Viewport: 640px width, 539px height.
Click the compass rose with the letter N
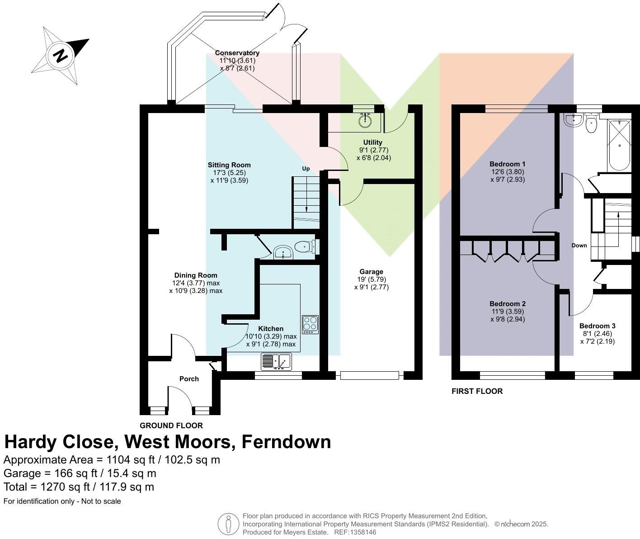(x=60, y=56)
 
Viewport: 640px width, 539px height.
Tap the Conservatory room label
(x=237, y=53)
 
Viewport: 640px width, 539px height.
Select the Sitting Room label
(x=229, y=165)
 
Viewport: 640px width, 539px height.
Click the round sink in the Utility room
(x=365, y=120)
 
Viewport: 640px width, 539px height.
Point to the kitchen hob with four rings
(x=310, y=325)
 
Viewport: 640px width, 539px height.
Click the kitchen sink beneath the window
(x=276, y=361)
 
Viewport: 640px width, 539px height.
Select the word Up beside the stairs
(x=306, y=169)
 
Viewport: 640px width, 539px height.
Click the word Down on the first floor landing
(x=579, y=246)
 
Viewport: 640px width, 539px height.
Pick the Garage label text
(x=371, y=272)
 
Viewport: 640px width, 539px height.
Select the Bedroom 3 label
(x=597, y=326)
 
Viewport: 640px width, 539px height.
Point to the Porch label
(x=189, y=379)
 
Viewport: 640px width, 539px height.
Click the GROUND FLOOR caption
(x=171, y=426)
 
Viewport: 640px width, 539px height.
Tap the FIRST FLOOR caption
(x=477, y=391)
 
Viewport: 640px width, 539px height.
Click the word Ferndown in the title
(x=286, y=441)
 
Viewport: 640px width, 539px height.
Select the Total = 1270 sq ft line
(x=79, y=487)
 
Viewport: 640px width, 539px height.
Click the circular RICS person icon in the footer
(x=228, y=524)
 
